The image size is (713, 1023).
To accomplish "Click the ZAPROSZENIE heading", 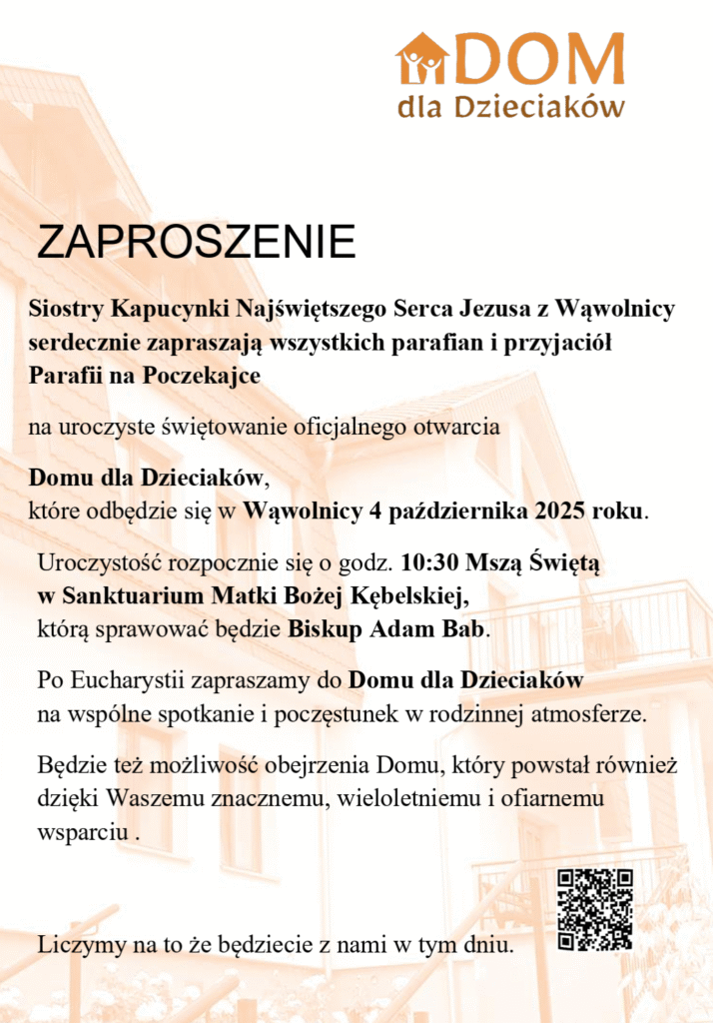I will [x=196, y=242].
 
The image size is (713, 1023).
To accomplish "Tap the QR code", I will [x=595, y=908].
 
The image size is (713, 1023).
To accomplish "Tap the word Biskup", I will [x=322, y=630].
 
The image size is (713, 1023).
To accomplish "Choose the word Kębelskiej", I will [x=406, y=596].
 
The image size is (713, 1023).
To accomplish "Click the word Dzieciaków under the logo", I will [x=539, y=107].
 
